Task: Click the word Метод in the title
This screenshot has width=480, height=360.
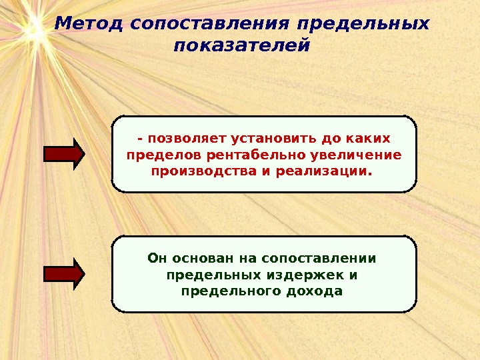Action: (x=89, y=24)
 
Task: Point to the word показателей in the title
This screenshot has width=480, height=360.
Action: (x=241, y=47)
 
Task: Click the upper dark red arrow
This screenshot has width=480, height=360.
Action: (x=64, y=154)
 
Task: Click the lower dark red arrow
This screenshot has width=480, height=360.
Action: (x=64, y=273)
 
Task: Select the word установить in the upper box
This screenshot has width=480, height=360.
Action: (x=269, y=139)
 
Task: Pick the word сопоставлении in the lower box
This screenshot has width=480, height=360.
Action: (x=319, y=258)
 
